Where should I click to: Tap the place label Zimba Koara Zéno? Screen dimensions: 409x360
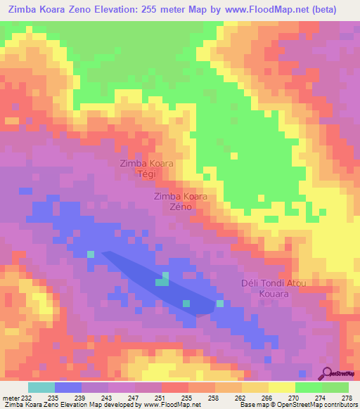tap(181, 202)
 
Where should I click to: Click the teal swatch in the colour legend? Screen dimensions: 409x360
tap(41, 387)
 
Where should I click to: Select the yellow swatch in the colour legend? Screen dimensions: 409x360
tap(281, 387)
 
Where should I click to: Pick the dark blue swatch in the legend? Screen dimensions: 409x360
tap(68, 387)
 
